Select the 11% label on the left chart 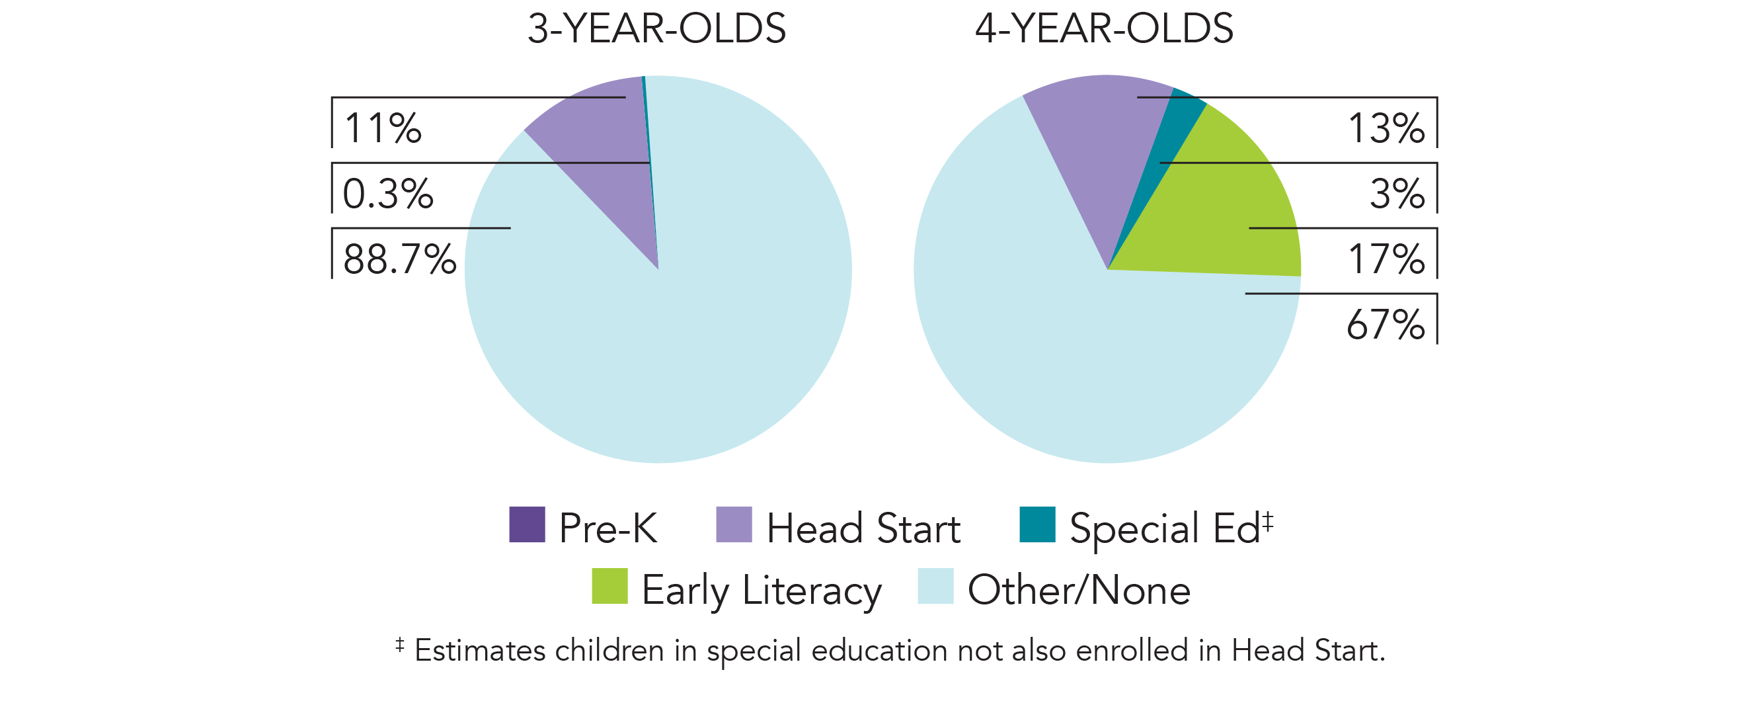(x=383, y=128)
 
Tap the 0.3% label (x=387, y=194)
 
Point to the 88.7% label (x=399, y=259)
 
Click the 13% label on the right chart (x=1386, y=128)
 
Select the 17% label (x=1386, y=259)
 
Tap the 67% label (x=1386, y=325)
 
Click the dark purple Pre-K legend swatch (x=527, y=524)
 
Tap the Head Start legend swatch (x=734, y=524)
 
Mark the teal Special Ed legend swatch (x=1037, y=524)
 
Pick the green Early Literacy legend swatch (x=609, y=586)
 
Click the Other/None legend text (x=1079, y=590)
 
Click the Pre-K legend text (x=607, y=528)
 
